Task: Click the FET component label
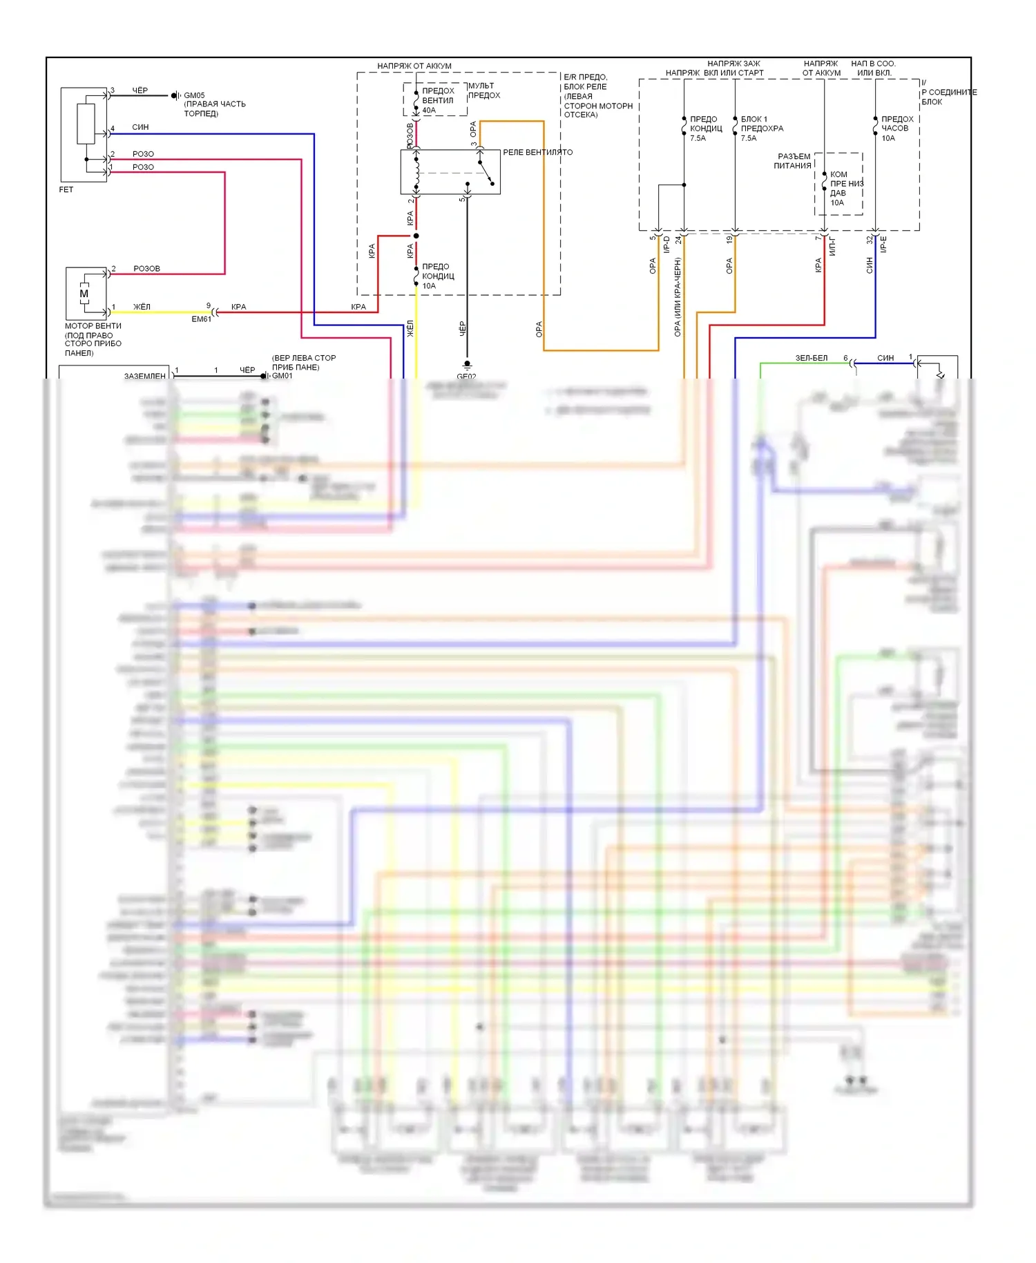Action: pos(66,189)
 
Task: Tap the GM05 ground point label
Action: pos(194,95)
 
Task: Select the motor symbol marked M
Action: pos(84,294)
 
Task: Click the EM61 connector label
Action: pos(201,319)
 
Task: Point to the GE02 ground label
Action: pos(466,377)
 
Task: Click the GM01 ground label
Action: pos(282,376)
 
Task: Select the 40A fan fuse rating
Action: pos(429,111)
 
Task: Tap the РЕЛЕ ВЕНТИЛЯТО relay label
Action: pos(537,152)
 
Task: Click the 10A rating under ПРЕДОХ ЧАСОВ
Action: pos(888,138)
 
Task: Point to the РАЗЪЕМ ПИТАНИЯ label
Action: pos(793,161)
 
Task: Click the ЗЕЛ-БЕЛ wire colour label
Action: pos(811,358)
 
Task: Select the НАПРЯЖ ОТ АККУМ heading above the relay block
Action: pos(414,66)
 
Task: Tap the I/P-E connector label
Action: pos(883,244)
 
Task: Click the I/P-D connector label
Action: pos(666,244)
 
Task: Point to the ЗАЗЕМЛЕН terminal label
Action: pos(145,376)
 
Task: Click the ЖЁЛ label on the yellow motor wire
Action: pos(142,307)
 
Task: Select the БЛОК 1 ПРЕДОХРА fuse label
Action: pos(762,124)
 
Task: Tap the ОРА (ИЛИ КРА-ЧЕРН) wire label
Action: pos(678,297)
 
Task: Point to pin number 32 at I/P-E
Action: pos(870,240)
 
